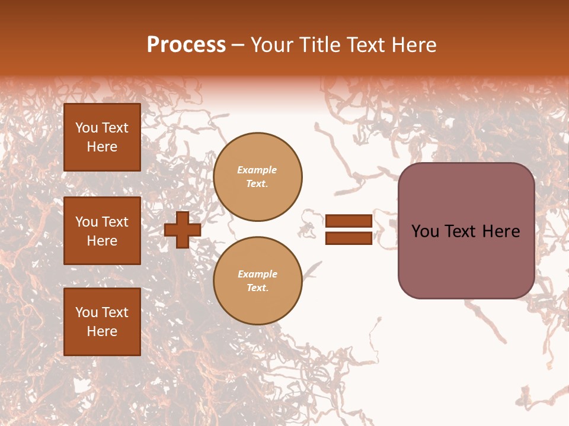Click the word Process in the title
pos(186,45)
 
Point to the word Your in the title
pos(273,45)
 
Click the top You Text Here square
pos(102,137)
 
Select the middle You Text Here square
pos(102,231)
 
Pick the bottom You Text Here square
pos(102,322)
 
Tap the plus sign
pos(183,230)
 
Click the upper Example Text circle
pos(258,177)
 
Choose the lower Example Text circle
pos(258,281)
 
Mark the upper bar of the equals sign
pos(349,221)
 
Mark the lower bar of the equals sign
pos(349,238)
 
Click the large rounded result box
pos(466,231)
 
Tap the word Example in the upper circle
pos(257,170)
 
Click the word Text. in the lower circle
pos(257,288)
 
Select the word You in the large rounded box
pos(425,231)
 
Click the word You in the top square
pos(87,128)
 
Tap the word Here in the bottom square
pos(102,331)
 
